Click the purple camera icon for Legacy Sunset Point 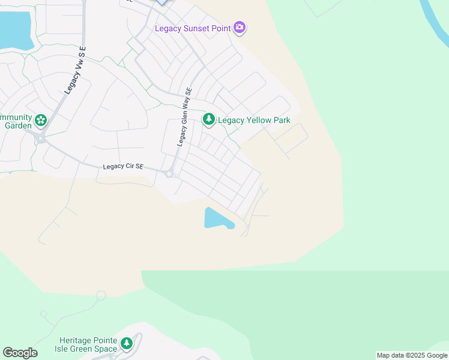(240, 28)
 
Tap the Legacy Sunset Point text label (193, 28)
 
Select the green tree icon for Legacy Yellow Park (208, 120)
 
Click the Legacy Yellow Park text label (254, 120)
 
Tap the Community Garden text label (16, 121)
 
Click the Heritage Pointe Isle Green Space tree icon (126, 344)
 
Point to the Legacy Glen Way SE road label (184, 117)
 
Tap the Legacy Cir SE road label (123, 167)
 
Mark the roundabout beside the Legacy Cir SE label (169, 174)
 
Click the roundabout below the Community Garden (41, 139)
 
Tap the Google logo (20, 353)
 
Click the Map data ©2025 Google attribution (412, 356)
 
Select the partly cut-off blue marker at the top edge (163, 2)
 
